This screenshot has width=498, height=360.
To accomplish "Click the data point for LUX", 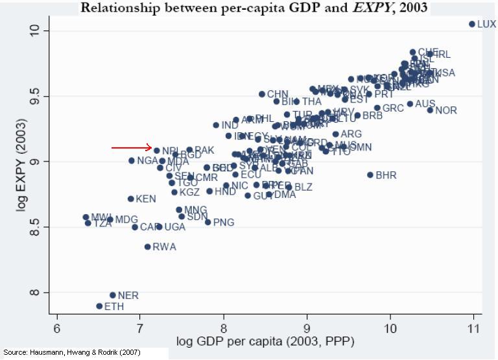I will coord(471,24).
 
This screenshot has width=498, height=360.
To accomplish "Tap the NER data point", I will coord(112,295).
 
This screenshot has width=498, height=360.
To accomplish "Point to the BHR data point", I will coord(370,175).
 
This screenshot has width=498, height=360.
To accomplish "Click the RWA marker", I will coord(147,246).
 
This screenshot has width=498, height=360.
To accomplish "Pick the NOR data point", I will coord(429,110).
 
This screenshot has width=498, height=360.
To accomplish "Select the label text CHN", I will coord(278,95).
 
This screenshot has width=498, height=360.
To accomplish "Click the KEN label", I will coord(146,199).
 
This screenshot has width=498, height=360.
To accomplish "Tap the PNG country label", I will coord(224,222).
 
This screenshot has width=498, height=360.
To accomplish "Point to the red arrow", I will coord(131,148).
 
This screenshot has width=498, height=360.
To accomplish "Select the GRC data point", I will coord(377,108).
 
